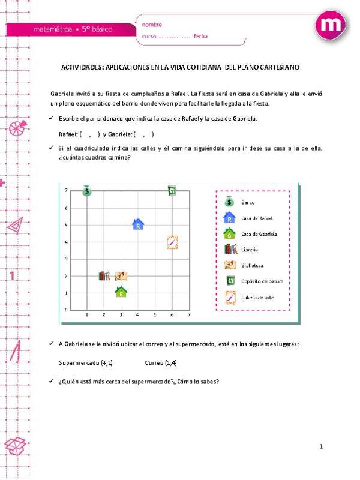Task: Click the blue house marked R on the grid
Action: click(x=138, y=224)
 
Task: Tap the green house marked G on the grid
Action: click(x=121, y=292)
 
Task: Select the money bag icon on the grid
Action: click(x=87, y=191)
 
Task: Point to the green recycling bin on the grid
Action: click(x=172, y=191)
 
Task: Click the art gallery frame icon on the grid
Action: click(x=172, y=242)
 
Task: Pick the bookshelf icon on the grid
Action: click(x=104, y=276)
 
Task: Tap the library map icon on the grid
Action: click(x=121, y=276)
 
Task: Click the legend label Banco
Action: click(x=248, y=203)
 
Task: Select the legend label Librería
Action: click(x=250, y=249)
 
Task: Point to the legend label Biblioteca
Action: click(x=253, y=265)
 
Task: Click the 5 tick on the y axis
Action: click(x=66, y=225)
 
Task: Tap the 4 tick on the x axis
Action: click(x=138, y=314)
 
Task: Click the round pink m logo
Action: click(x=332, y=25)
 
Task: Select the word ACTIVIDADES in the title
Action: click(x=82, y=68)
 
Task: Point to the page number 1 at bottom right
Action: click(x=322, y=446)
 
